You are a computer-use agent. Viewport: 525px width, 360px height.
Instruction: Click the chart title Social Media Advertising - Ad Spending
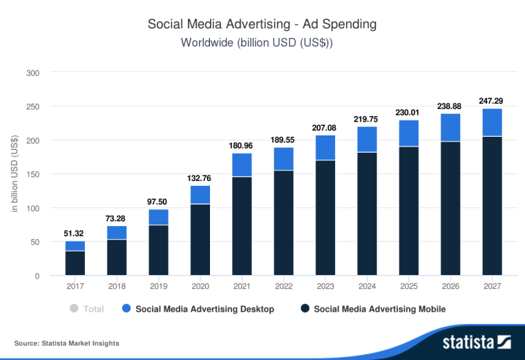pos(262,23)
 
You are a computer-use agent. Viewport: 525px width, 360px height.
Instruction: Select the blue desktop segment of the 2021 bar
pos(242,164)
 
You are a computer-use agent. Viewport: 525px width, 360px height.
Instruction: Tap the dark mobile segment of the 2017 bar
pos(75,263)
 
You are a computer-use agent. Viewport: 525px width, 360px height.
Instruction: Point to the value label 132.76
pos(200,179)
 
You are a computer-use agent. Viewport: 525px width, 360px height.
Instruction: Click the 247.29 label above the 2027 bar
pos(491,101)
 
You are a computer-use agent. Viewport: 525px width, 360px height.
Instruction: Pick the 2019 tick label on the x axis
pos(158,286)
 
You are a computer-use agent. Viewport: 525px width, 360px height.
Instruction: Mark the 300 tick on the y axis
pos(32,73)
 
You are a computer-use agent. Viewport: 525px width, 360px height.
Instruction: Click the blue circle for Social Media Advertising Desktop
pos(126,309)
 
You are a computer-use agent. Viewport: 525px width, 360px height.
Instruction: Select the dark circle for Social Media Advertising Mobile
pos(304,309)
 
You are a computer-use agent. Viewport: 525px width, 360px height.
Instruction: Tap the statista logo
pos(477,342)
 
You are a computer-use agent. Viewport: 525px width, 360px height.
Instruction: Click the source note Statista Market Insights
pos(66,343)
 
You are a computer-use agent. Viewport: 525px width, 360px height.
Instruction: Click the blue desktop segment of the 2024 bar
pos(367,139)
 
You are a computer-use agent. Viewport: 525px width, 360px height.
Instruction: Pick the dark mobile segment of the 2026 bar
pos(450,208)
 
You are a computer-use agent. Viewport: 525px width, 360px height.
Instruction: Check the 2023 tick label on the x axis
pos(325,286)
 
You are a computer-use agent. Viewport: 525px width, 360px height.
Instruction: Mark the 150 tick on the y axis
pos(32,174)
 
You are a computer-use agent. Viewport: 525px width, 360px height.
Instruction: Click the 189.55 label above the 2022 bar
pos(283,140)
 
